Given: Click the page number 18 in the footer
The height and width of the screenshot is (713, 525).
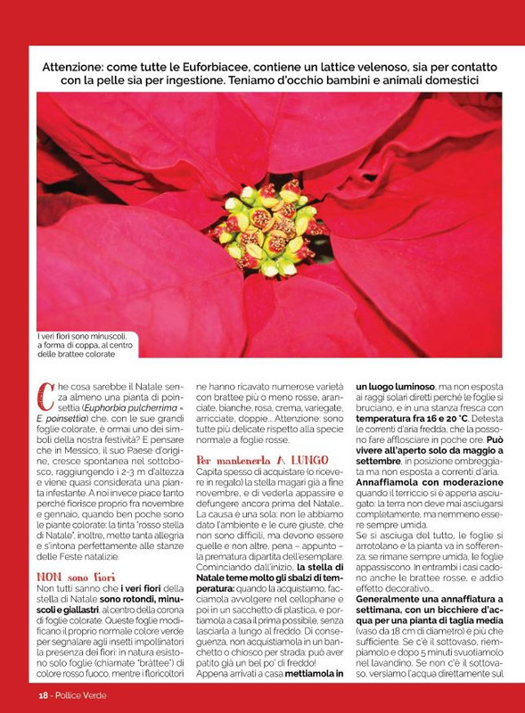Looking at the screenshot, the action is (41, 693).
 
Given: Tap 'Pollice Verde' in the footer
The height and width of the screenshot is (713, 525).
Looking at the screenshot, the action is (80, 693).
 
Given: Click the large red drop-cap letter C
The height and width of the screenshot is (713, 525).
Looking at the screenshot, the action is (43, 394).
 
